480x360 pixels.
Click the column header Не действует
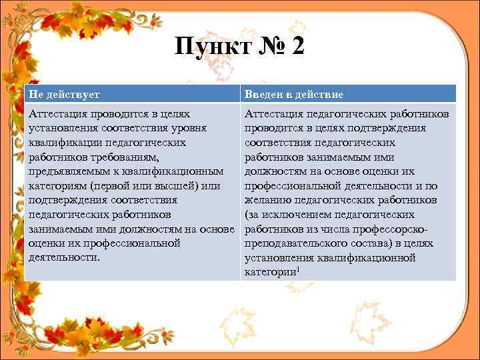(x=64, y=94)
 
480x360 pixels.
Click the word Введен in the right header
(x=267, y=94)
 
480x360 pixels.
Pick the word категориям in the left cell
(x=58, y=186)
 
